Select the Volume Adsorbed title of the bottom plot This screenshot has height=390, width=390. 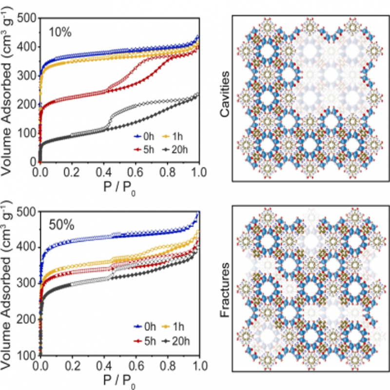click(8, 283)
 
